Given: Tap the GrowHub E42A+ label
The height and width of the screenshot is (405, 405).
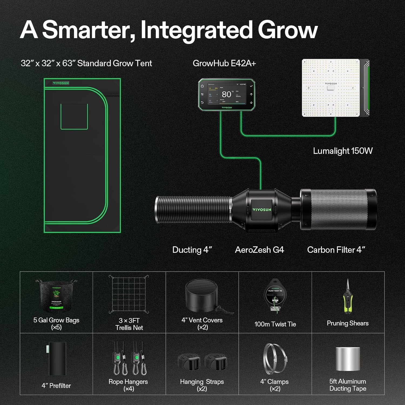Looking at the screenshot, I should (224, 63).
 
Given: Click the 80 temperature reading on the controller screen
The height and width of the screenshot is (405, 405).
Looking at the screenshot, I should (226, 94).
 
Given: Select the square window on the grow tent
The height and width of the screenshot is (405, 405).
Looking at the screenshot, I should (74, 116).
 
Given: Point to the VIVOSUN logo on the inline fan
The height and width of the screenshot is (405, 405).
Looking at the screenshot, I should (262, 210).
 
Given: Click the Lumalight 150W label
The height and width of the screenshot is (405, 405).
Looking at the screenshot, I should (343, 151).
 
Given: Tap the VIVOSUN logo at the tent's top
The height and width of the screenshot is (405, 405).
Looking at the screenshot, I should (61, 83).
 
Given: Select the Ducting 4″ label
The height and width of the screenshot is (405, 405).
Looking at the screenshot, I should (192, 250).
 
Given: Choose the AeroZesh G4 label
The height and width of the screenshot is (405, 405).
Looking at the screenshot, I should (259, 250).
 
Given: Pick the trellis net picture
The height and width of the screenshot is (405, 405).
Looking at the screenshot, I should (129, 294).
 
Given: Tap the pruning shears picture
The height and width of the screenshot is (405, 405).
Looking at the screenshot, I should (348, 297).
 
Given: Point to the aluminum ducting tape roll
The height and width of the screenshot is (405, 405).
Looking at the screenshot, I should (348, 359).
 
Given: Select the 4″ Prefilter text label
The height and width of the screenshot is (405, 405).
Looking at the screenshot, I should (56, 386).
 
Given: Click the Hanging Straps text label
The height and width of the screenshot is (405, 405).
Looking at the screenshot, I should (202, 382).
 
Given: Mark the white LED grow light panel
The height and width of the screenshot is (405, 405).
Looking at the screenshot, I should (331, 88).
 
